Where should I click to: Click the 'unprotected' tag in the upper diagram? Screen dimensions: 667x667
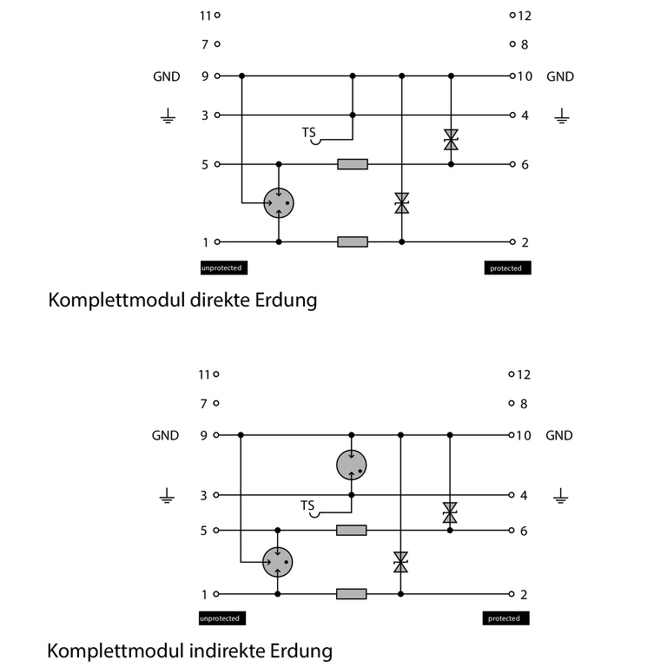coord(221,268)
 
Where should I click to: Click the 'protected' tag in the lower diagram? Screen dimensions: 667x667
coord(505,618)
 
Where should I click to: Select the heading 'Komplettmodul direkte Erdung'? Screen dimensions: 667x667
coord(182,300)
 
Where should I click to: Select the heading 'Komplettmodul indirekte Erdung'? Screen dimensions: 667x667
coord(189,650)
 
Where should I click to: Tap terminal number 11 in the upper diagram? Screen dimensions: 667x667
coord(205,15)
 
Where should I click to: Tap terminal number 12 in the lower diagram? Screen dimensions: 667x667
coord(524,374)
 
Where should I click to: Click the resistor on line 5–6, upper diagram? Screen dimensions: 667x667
coord(353,163)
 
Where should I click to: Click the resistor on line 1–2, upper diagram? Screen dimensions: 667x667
coord(353,241)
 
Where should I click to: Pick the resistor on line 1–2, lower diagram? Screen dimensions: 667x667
coord(352,594)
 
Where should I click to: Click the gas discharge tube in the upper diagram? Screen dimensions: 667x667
coord(279,203)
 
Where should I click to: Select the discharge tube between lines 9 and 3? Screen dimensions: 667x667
coord(352,465)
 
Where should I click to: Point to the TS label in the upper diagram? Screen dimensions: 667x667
coord(308,133)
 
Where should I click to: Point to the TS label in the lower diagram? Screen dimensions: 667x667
coord(307,505)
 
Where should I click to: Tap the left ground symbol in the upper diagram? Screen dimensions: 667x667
coord(168,116)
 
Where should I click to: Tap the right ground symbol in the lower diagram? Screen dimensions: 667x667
coord(561,496)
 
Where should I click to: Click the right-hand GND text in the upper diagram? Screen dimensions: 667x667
coord(560,76)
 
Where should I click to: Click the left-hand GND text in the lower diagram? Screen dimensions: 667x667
coord(165,435)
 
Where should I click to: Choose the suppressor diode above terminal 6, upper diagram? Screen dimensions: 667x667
coord(451,139)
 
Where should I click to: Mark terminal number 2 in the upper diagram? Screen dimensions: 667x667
coord(525,241)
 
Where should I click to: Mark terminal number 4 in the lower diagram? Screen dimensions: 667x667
coord(524,495)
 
